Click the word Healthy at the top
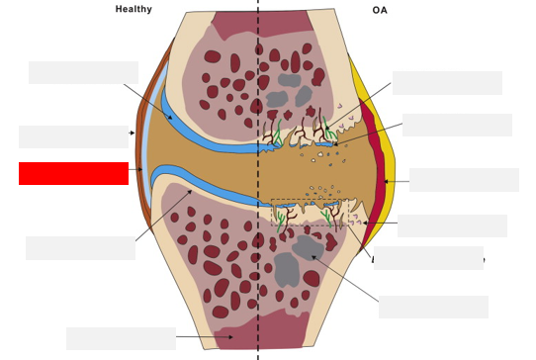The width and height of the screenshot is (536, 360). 134,9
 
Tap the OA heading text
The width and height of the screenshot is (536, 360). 381,10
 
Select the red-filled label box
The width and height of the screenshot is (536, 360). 73,173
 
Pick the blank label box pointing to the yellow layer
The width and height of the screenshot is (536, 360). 464,179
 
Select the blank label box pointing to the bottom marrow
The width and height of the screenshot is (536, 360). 121,338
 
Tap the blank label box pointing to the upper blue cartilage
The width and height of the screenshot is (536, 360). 83,72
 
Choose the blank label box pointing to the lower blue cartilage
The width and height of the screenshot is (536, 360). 80,248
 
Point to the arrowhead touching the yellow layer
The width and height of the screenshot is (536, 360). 387,181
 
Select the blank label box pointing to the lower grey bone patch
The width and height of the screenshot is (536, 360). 433,307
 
